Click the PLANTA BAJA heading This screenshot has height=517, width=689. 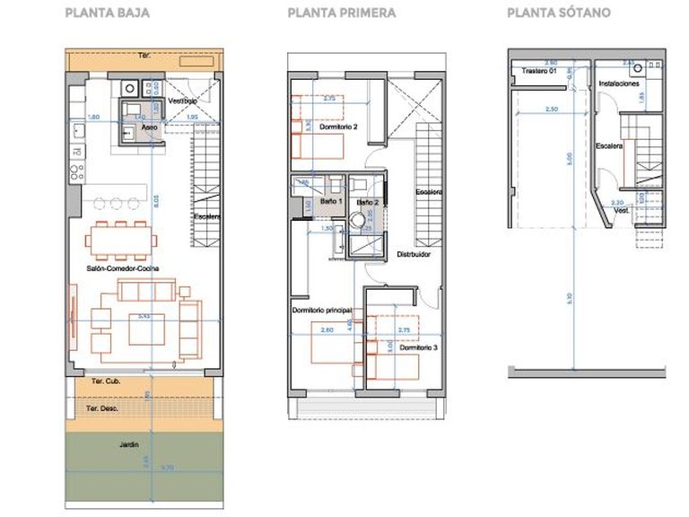pyautogui.click(x=108, y=13)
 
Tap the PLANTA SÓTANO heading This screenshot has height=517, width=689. pyautogui.click(x=559, y=13)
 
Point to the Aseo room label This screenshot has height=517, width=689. pyautogui.click(x=151, y=127)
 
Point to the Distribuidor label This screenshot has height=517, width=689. pyautogui.click(x=414, y=254)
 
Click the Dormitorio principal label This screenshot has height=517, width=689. pyautogui.click(x=321, y=310)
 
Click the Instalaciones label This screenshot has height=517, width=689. pyautogui.click(x=619, y=83)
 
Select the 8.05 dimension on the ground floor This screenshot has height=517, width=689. pyautogui.click(x=155, y=203)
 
